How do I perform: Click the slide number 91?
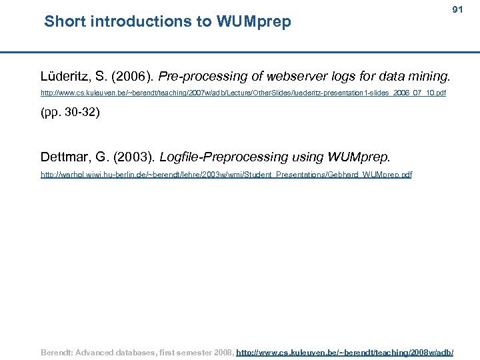pos(457,10)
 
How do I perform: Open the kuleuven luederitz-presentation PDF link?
pos(243,93)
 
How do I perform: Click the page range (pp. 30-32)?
pos(70,112)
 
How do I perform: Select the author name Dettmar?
pos(65,158)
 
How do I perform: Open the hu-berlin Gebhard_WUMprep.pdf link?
pos(226,175)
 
